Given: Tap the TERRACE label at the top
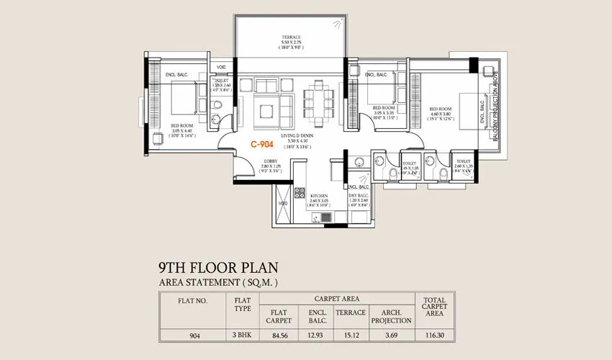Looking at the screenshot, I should (291, 37).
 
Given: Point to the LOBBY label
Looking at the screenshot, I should (271, 161).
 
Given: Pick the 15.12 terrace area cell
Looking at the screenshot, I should (351, 334).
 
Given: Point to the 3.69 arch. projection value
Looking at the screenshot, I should (391, 334).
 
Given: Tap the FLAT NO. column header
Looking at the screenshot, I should (192, 302).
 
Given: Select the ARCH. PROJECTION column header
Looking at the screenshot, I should (391, 316).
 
